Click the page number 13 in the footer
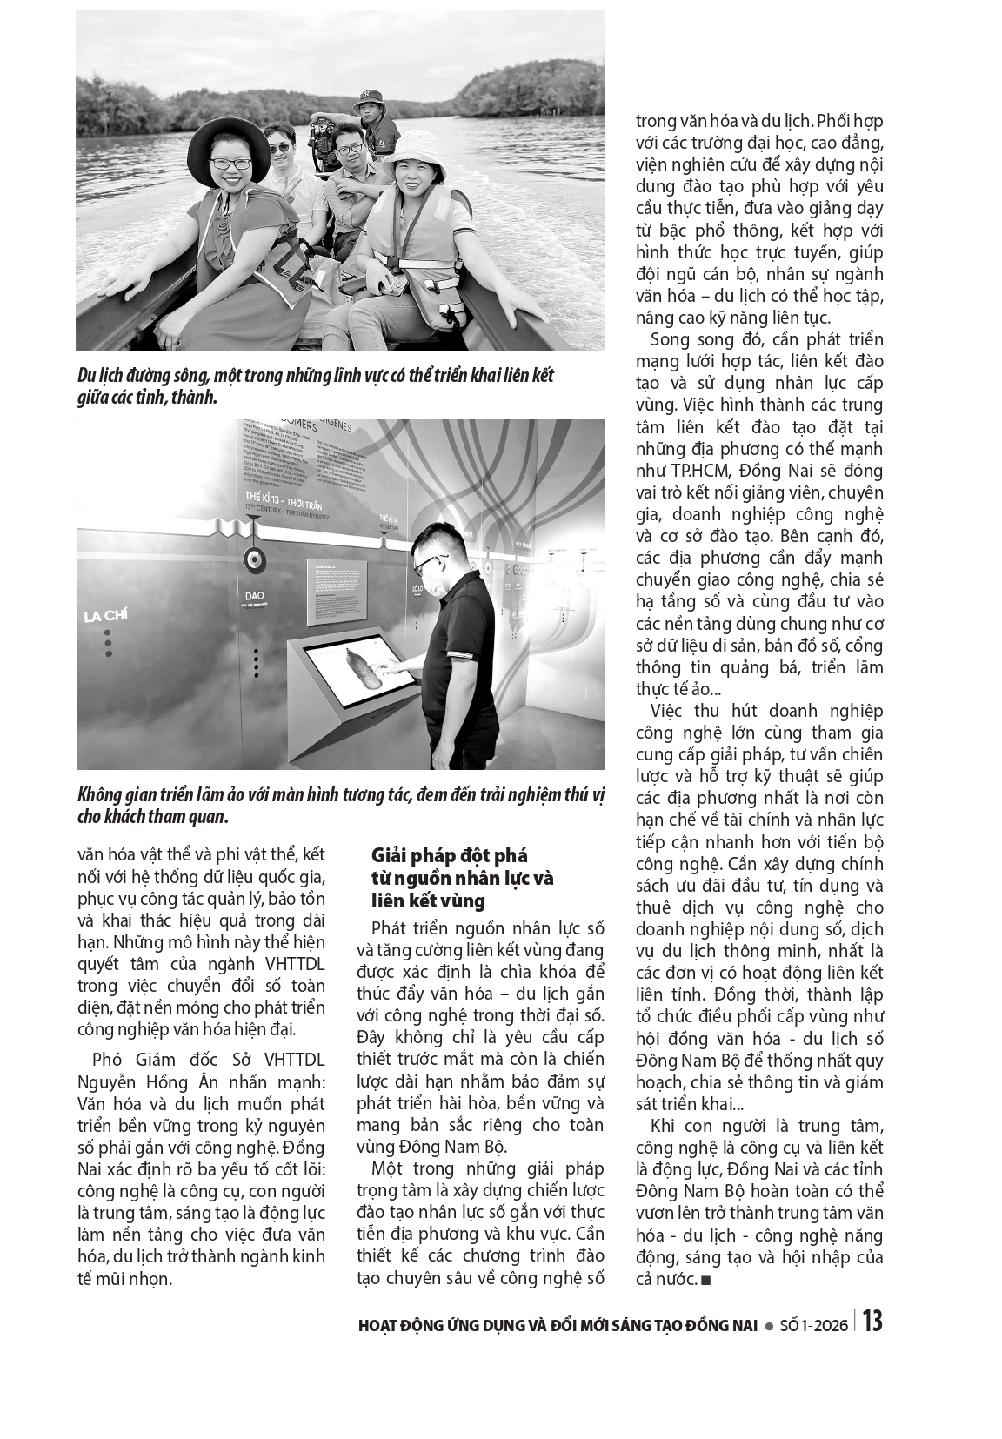point(872,1322)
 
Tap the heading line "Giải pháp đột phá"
point(449,855)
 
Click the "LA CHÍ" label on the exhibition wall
point(105,616)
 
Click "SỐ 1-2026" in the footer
point(814,1325)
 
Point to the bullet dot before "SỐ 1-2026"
point(769,1326)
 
